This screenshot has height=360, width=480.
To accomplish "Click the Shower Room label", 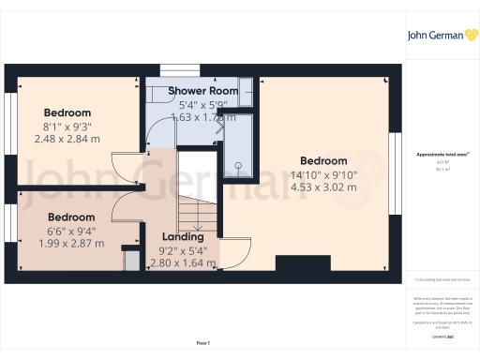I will pos(202,91).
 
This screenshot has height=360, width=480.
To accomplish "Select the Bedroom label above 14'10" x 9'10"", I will pos(323,160).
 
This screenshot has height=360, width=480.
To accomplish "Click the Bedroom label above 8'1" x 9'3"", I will pos(67,112).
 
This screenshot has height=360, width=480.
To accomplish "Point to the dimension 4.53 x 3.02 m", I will pos(323,187).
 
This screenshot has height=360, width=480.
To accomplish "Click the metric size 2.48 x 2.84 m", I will pos(67,139).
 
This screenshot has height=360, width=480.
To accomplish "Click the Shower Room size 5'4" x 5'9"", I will pos(202,105).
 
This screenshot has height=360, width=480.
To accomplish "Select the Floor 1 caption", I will pos(204,344).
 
